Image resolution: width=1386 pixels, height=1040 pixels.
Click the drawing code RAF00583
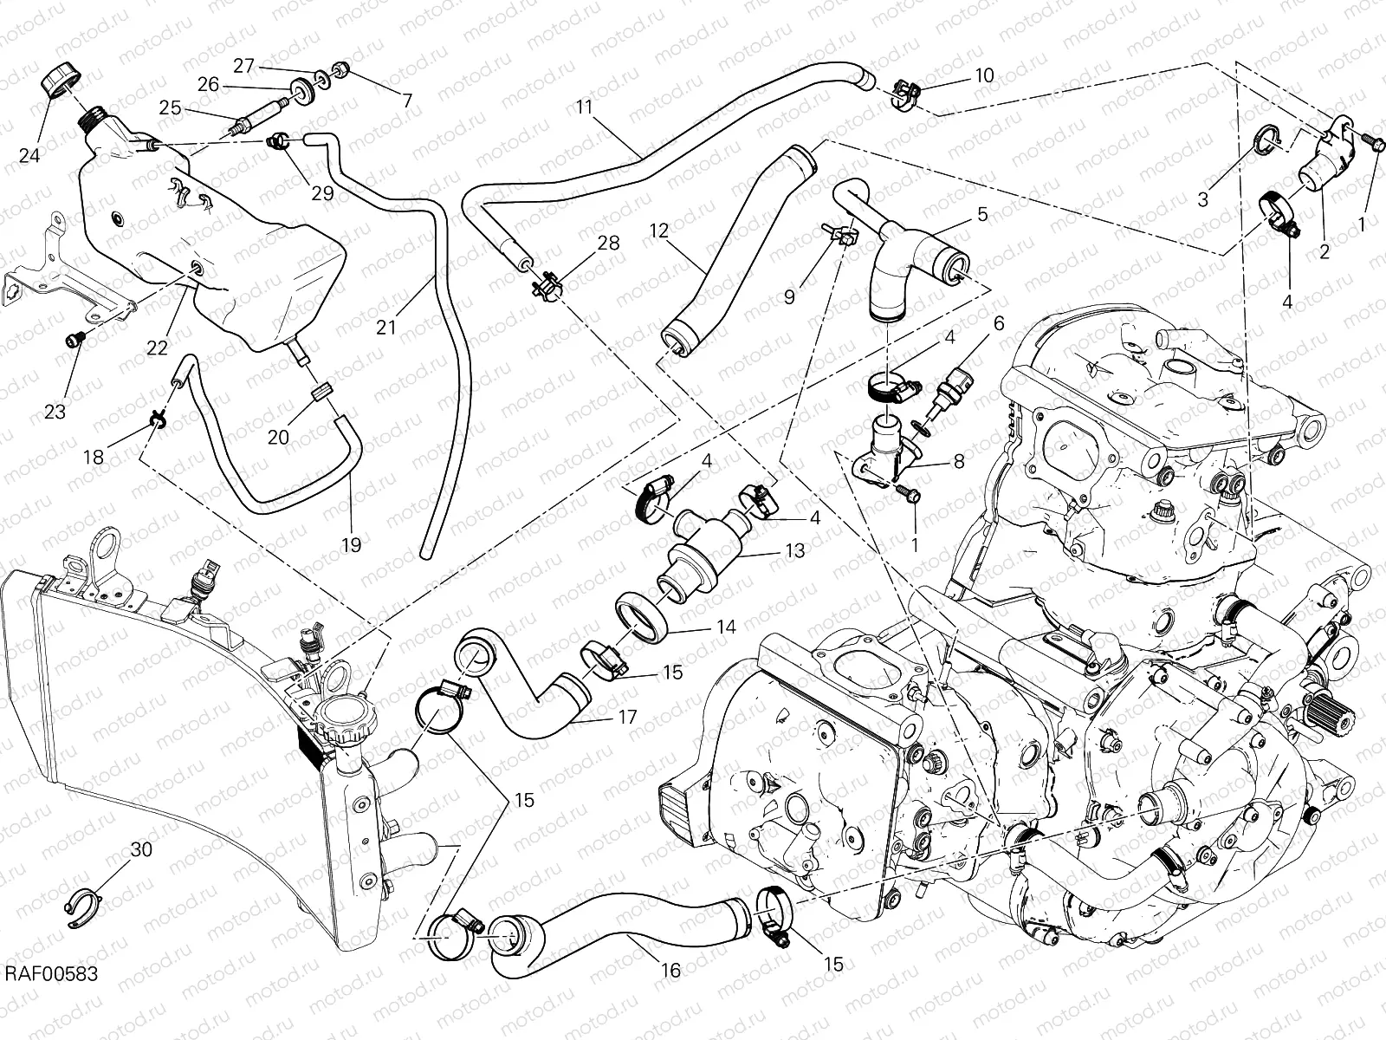(x=50, y=998)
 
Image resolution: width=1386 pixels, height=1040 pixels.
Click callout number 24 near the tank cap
(x=30, y=156)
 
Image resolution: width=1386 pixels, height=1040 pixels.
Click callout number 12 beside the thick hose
(x=660, y=231)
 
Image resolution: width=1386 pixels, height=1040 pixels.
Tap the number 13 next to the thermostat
(x=794, y=550)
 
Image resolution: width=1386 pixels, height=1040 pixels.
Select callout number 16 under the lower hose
(x=671, y=971)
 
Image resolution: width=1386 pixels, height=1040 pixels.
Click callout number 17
(x=627, y=718)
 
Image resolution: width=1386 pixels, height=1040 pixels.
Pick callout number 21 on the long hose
(x=386, y=327)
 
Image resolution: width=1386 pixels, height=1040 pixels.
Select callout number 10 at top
(x=984, y=75)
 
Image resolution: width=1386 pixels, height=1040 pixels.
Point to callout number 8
(x=958, y=462)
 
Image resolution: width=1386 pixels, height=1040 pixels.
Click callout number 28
(x=608, y=243)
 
